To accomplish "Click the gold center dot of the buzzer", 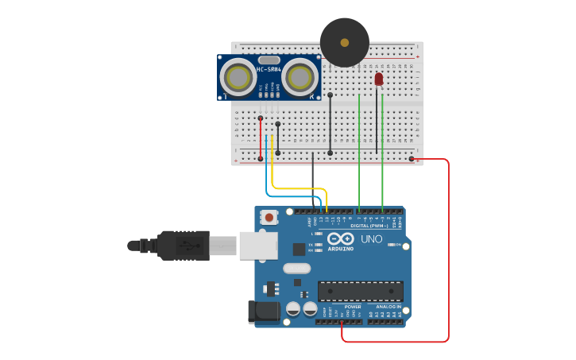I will click(344, 42).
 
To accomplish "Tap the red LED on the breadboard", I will click(378, 79).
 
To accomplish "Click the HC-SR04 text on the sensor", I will click(269, 70).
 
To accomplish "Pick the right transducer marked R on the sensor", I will click(300, 77).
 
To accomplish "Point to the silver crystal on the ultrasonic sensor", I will click(269, 60).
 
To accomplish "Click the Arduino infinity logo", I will click(340, 238).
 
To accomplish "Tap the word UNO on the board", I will click(371, 238).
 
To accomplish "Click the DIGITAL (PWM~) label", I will click(376, 226).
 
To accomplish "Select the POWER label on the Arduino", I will click(353, 306).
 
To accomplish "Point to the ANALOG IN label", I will click(389, 306).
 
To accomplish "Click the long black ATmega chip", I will click(360, 291).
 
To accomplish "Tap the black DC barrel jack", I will click(265, 312).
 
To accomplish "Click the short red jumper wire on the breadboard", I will click(261, 138).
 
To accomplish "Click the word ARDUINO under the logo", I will click(340, 250).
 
